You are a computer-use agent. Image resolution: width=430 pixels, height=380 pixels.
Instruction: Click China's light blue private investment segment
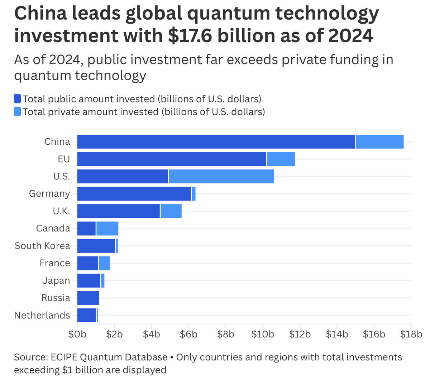[x=379, y=141]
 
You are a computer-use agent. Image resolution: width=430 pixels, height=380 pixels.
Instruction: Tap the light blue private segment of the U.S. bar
[x=221, y=177]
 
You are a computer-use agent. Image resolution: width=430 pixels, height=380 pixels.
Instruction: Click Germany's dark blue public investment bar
[x=134, y=194]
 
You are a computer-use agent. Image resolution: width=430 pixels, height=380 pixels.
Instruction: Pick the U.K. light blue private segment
[x=171, y=211]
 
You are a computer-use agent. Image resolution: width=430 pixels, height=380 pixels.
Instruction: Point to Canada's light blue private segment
[x=107, y=229]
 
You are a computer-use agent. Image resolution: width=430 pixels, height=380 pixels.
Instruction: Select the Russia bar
[x=88, y=298]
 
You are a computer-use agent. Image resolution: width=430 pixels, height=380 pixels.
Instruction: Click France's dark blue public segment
[x=87, y=263]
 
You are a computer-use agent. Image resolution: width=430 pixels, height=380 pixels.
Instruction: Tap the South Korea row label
[x=42, y=246]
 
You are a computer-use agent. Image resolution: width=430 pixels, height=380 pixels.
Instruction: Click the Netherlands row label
[x=42, y=315]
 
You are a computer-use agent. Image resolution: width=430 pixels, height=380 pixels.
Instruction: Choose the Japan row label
[x=56, y=280]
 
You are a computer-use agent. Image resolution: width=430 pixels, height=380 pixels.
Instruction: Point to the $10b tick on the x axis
[x=263, y=334]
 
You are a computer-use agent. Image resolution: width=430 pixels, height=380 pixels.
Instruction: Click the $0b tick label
[x=77, y=334]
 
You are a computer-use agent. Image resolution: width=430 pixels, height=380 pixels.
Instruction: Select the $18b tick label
[x=411, y=334]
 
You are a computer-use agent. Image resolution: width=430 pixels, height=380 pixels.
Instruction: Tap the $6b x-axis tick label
[x=188, y=334]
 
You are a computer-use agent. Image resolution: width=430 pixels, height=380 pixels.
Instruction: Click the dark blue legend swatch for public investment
[x=18, y=99]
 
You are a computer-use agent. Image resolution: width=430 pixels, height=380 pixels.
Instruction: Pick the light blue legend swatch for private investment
[x=18, y=112]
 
